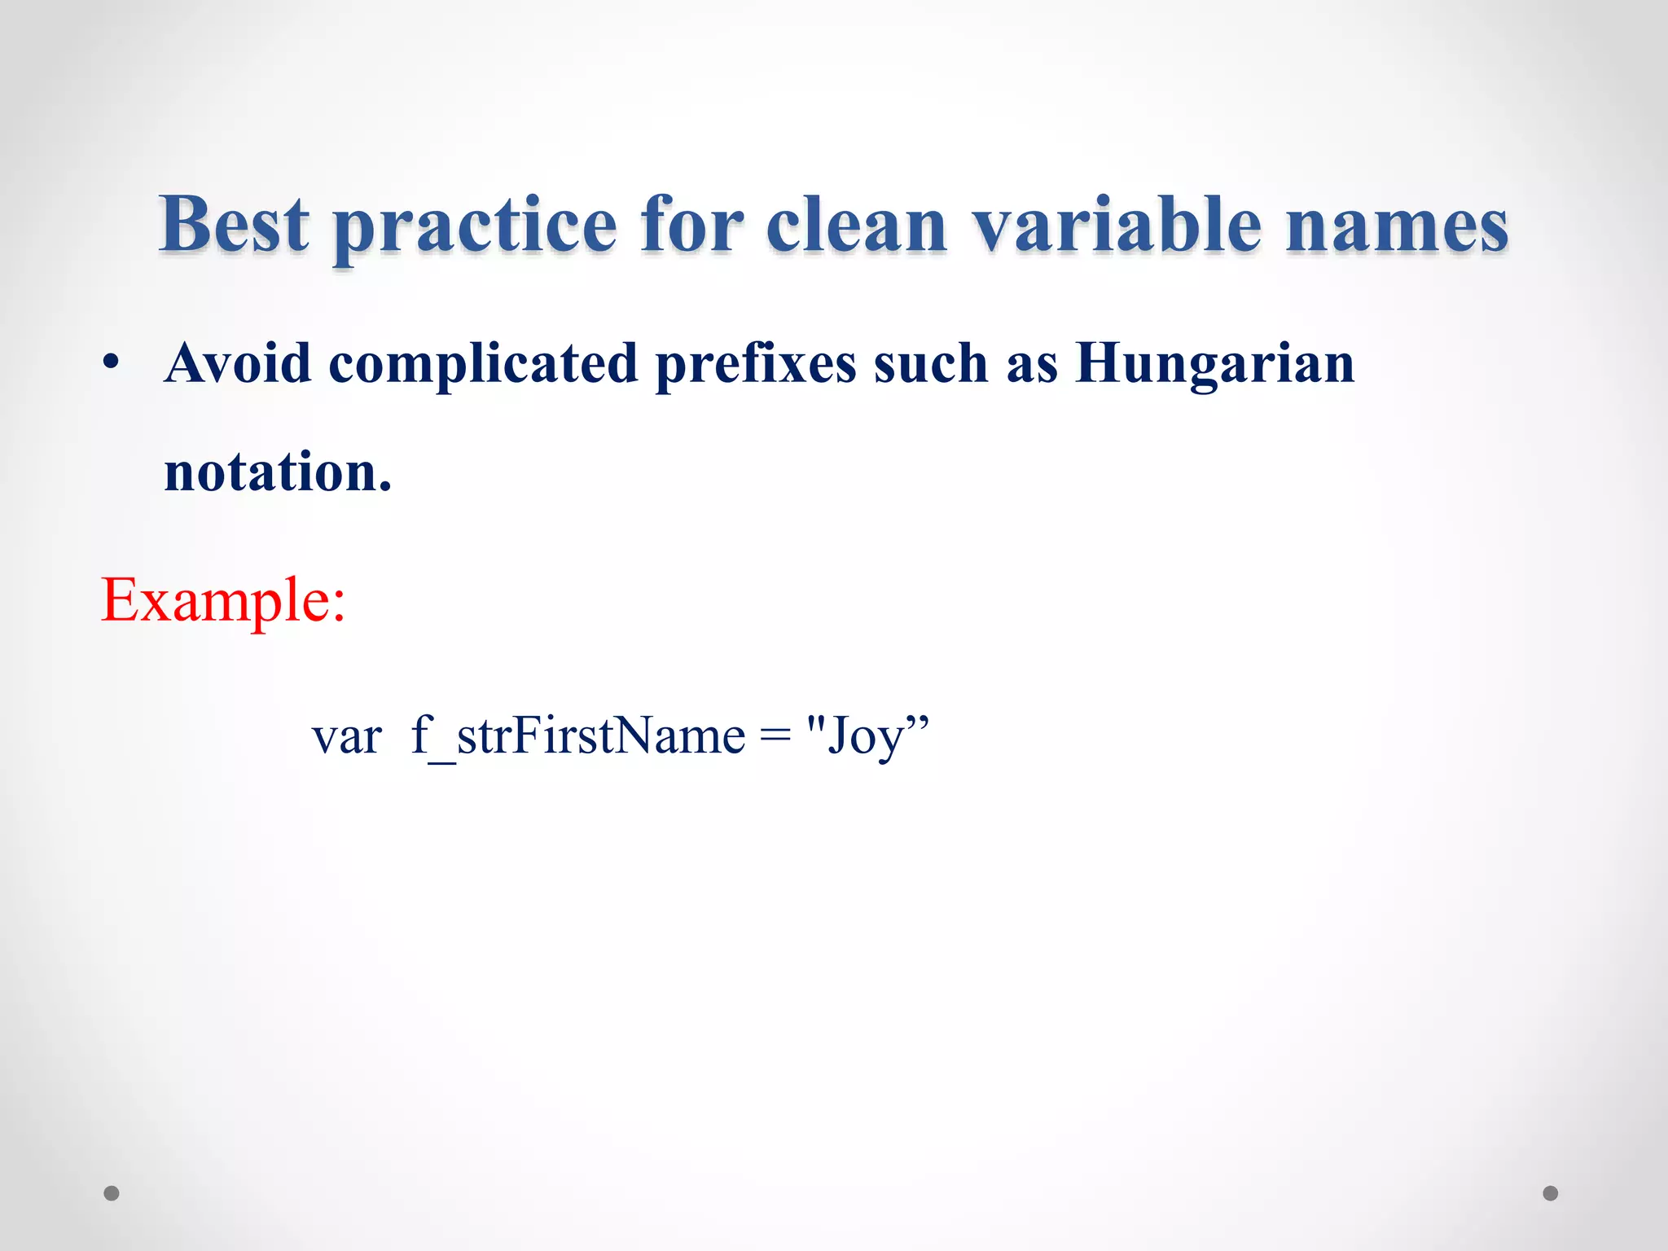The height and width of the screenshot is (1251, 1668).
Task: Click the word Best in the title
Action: pos(235,224)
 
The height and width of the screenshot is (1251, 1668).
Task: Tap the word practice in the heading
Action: pos(476,228)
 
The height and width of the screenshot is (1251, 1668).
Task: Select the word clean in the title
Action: pos(857,224)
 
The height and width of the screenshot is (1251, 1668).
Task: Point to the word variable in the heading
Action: pos(1118,224)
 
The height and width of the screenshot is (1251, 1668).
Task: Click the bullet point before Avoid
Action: pos(112,363)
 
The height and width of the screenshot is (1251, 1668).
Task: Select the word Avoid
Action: pos(238,363)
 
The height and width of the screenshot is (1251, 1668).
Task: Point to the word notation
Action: pos(278,472)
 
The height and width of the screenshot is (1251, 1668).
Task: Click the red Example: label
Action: pos(223,600)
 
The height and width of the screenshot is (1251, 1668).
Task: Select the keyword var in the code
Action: pos(347,736)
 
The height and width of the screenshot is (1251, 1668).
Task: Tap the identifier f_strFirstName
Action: pos(578,736)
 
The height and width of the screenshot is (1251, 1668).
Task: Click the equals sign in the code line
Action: pos(775,736)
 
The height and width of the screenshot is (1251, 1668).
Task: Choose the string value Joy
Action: pos(866,736)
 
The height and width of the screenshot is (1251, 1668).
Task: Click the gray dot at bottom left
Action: pos(112,1193)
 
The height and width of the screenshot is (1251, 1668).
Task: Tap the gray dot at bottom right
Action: pos(1550,1193)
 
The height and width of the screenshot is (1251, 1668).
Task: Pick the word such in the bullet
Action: pos(931,363)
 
